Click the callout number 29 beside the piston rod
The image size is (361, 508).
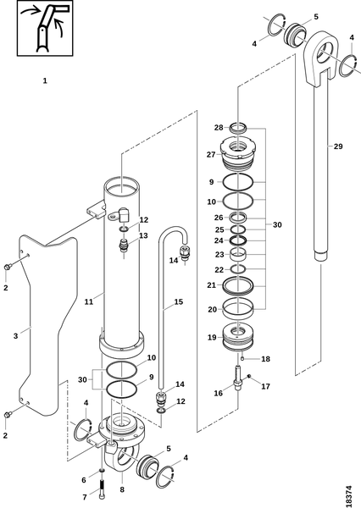click(338, 146)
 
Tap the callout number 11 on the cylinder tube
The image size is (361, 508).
click(88, 302)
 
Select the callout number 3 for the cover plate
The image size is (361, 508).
click(15, 336)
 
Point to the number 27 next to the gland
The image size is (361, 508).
click(211, 155)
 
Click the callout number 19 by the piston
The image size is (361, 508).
click(212, 337)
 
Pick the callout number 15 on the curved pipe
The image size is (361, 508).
click(179, 302)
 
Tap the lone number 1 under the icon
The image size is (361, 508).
click(45, 80)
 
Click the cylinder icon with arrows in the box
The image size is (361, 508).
click(45, 28)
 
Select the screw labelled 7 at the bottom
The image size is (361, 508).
click(103, 488)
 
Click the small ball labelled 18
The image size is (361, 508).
click(242, 358)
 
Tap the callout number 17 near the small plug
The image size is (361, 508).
click(265, 387)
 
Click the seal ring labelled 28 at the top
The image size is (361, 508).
click(238, 128)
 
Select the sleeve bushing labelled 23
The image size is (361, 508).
click(238, 254)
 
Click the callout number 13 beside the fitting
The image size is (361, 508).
click(143, 235)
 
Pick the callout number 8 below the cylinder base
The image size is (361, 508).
click(122, 489)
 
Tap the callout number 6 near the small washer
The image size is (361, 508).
click(84, 480)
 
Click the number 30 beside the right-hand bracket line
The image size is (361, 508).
click(277, 225)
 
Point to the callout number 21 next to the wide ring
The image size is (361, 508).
click(212, 285)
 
